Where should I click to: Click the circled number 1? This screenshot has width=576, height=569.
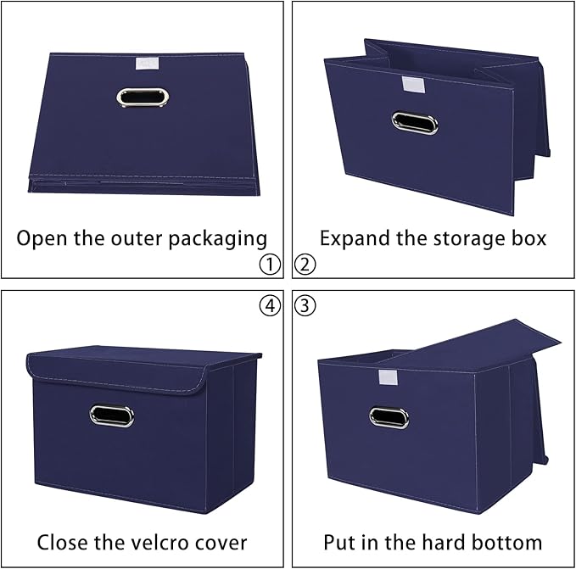(x=269, y=265)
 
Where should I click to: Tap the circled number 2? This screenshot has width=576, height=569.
(x=305, y=265)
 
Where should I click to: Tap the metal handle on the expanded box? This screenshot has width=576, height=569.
(x=415, y=123)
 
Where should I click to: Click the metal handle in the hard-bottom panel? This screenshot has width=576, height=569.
(x=389, y=416)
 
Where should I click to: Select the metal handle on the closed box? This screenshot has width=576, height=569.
(x=113, y=416)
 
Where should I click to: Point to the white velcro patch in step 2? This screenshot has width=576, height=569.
(x=416, y=85)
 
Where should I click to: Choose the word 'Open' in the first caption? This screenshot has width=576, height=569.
(x=43, y=238)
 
